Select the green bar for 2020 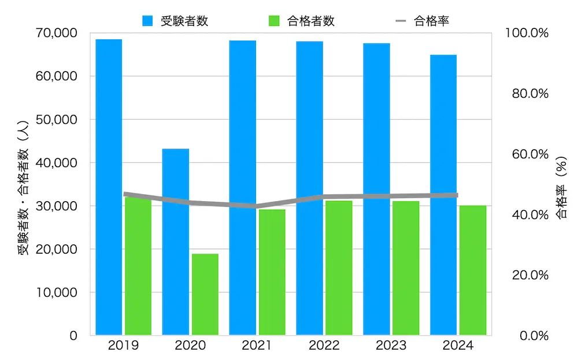tap(205, 294)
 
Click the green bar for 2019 tap(138, 266)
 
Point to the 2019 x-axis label tap(123, 346)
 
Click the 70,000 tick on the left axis tap(57, 33)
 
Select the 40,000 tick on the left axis tap(57, 163)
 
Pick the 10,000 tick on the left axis tap(57, 292)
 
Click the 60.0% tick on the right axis tap(529, 154)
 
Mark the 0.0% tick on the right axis tap(532, 336)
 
